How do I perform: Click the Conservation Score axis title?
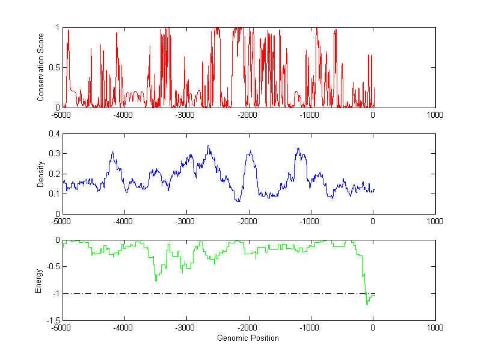[41, 67]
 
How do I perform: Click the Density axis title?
[41, 174]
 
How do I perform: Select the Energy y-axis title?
[39, 280]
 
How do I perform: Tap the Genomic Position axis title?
[248, 338]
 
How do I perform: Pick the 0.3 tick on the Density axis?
[54, 154]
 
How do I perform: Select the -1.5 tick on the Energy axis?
[52, 320]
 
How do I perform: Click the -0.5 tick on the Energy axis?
[52, 267]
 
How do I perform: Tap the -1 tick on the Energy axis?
[55, 294]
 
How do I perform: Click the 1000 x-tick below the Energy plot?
[435, 328]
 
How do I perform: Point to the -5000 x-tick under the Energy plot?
[61, 328]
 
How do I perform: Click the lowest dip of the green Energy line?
[367, 305]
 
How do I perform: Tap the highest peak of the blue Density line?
[208, 146]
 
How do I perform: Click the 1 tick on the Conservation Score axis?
[57, 27]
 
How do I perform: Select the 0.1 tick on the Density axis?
[54, 194]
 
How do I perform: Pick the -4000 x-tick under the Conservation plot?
[123, 115]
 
